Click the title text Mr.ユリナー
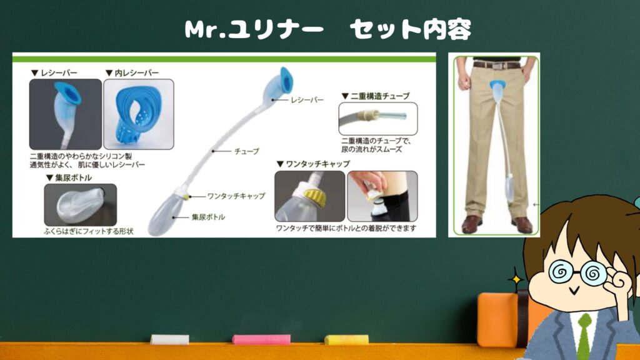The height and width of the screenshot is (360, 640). [254, 29]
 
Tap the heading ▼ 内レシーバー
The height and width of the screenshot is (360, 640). [132, 72]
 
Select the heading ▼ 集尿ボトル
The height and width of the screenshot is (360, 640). [69, 177]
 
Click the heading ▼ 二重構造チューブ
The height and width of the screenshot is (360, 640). [376, 96]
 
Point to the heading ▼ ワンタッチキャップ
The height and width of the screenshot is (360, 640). [313, 164]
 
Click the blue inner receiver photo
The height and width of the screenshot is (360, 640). [139, 114]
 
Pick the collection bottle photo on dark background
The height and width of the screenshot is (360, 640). [81, 205]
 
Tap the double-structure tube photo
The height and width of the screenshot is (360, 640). [378, 118]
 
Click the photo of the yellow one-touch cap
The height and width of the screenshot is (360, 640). [310, 196]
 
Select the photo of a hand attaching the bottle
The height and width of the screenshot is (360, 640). [382, 196]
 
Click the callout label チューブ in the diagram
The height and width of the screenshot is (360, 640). [246, 151]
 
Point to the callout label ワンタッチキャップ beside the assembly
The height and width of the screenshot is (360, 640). [236, 196]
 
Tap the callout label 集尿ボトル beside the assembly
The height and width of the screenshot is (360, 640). [208, 217]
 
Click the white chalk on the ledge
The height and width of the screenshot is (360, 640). [170, 339]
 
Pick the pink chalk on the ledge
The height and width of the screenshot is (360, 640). [261, 339]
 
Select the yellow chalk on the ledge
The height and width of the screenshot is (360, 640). [346, 339]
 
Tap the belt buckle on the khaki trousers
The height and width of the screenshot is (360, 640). [496, 66]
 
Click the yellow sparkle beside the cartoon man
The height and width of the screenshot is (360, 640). [516, 279]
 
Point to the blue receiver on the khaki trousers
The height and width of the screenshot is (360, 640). [496, 86]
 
